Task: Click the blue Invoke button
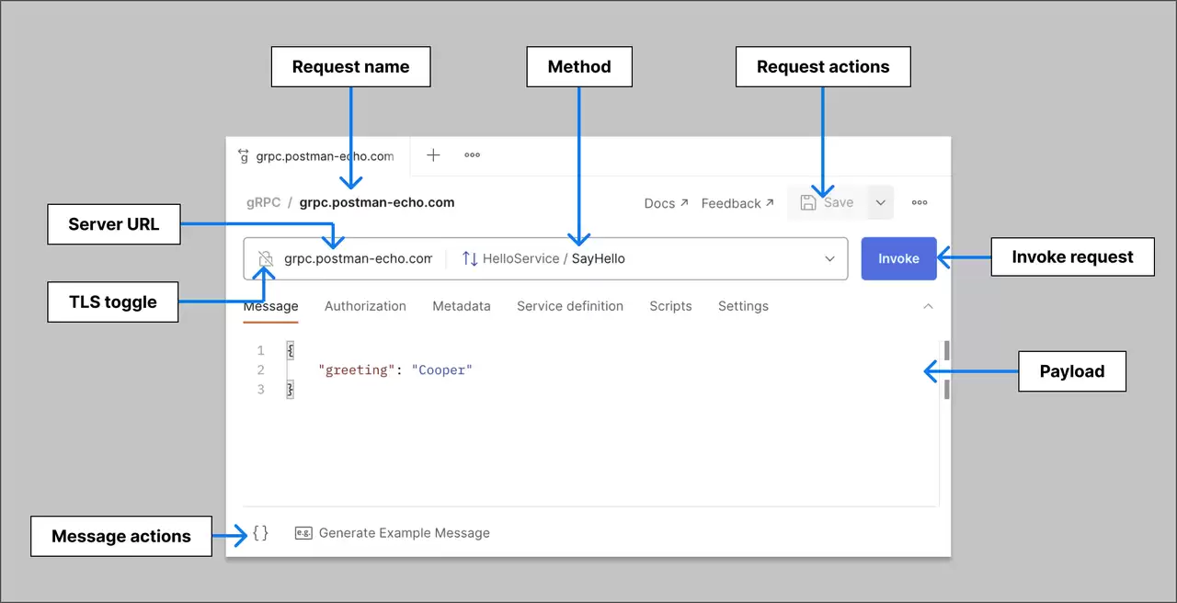pos(898,258)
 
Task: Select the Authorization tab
pos(365,306)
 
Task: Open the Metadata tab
pos(462,306)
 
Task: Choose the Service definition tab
pos(570,306)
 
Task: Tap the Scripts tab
pos(670,306)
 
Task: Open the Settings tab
pos(743,306)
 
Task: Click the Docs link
pos(666,203)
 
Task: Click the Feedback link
pos(737,203)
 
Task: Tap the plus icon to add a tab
pos(433,155)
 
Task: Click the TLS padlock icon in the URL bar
pos(266,258)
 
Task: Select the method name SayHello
pos(598,258)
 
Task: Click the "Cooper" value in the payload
pos(442,370)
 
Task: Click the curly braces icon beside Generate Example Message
pos(260,533)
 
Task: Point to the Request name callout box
pos(351,67)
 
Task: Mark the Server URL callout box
pos(114,224)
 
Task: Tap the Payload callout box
pos(1072,371)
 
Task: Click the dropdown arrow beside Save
pos(881,203)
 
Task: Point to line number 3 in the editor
pos(260,390)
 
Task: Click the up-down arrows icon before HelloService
pos(470,258)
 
